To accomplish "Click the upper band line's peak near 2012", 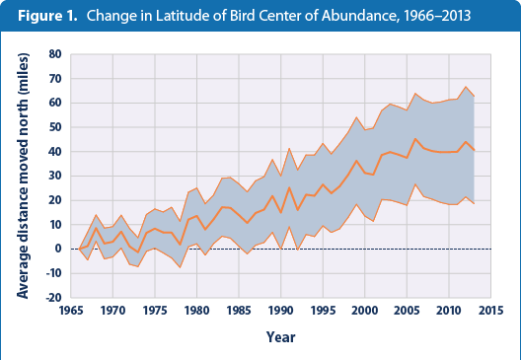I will [466, 87].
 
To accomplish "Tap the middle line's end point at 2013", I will [474, 150].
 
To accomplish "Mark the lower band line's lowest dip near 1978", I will [179, 267].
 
